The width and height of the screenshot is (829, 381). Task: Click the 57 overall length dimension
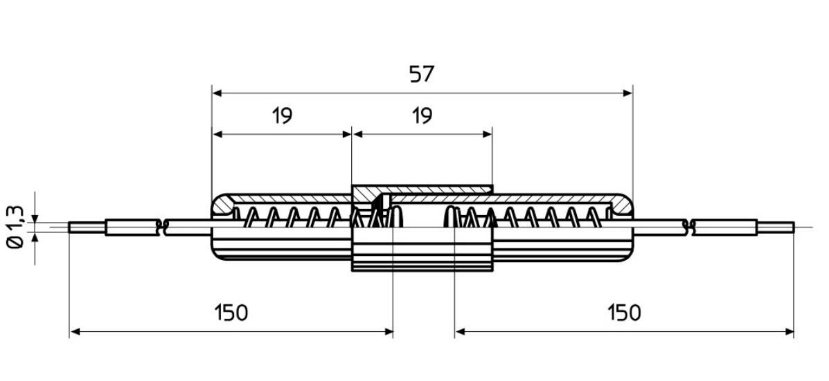(x=421, y=74)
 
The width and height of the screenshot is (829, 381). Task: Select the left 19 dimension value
(x=281, y=115)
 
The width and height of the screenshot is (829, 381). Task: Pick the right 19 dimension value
(x=421, y=115)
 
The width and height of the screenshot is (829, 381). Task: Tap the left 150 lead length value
(x=231, y=313)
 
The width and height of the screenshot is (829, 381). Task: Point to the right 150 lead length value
(x=624, y=313)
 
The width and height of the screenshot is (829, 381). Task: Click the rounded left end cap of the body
(x=222, y=206)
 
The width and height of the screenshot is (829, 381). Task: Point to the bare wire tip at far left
(x=87, y=226)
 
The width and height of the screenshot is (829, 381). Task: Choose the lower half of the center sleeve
(x=422, y=253)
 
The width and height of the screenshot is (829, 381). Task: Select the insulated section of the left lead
(x=132, y=227)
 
